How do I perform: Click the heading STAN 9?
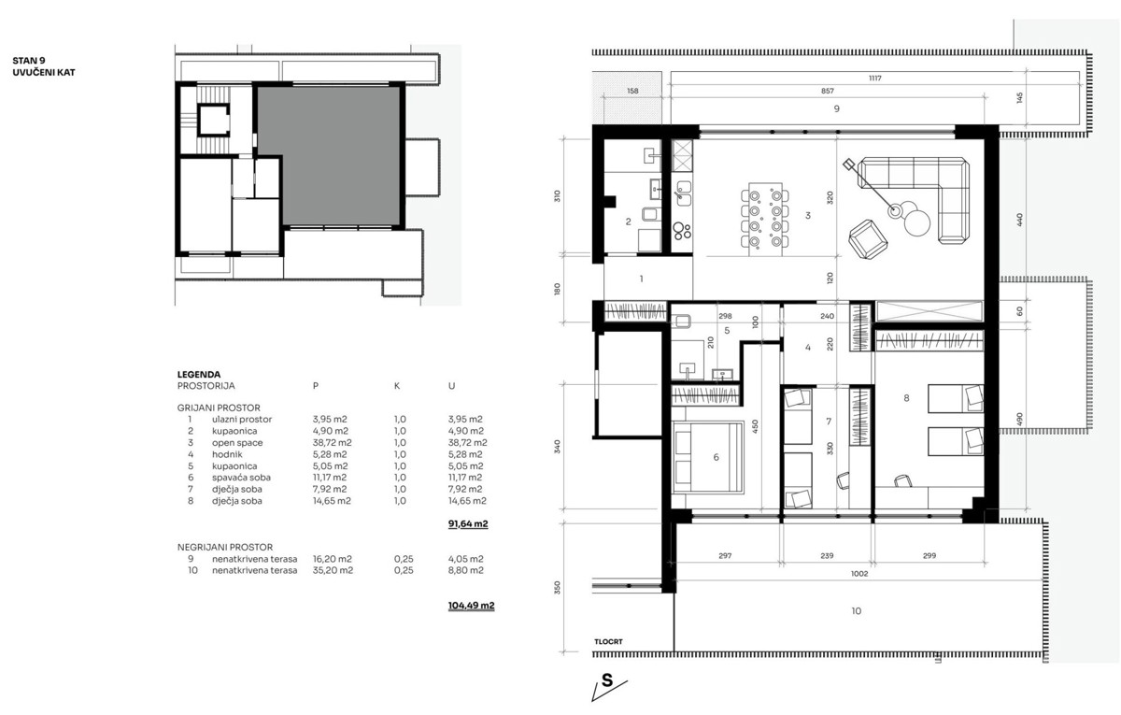point(29,59)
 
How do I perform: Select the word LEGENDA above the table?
point(198,374)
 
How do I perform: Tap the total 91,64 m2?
point(468,525)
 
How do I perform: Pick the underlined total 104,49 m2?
point(471,606)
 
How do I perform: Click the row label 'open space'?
point(237,442)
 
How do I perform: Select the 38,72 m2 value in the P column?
point(332,442)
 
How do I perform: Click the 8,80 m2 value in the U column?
point(465,570)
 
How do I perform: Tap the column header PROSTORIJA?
point(206,385)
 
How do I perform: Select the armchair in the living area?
point(867,239)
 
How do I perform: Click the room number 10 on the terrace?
point(856,612)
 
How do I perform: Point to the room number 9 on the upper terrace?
point(836,109)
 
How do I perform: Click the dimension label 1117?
point(874,79)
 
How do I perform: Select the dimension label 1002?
point(859,574)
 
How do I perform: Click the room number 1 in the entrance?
point(641,279)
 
